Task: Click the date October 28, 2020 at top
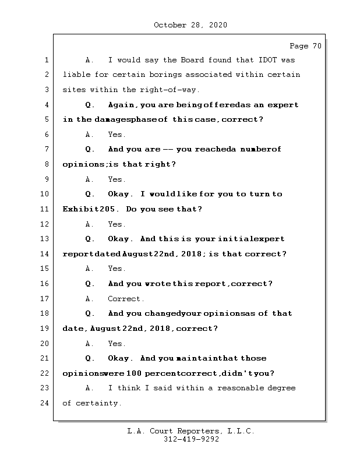point(190,25)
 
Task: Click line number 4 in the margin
point(45,105)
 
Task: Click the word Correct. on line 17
point(126,299)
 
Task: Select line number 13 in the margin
point(45,239)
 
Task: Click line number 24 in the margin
point(45,403)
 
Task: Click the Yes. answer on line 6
point(117,135)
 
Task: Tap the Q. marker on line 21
point(90,358)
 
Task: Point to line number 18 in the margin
point(45,313)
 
